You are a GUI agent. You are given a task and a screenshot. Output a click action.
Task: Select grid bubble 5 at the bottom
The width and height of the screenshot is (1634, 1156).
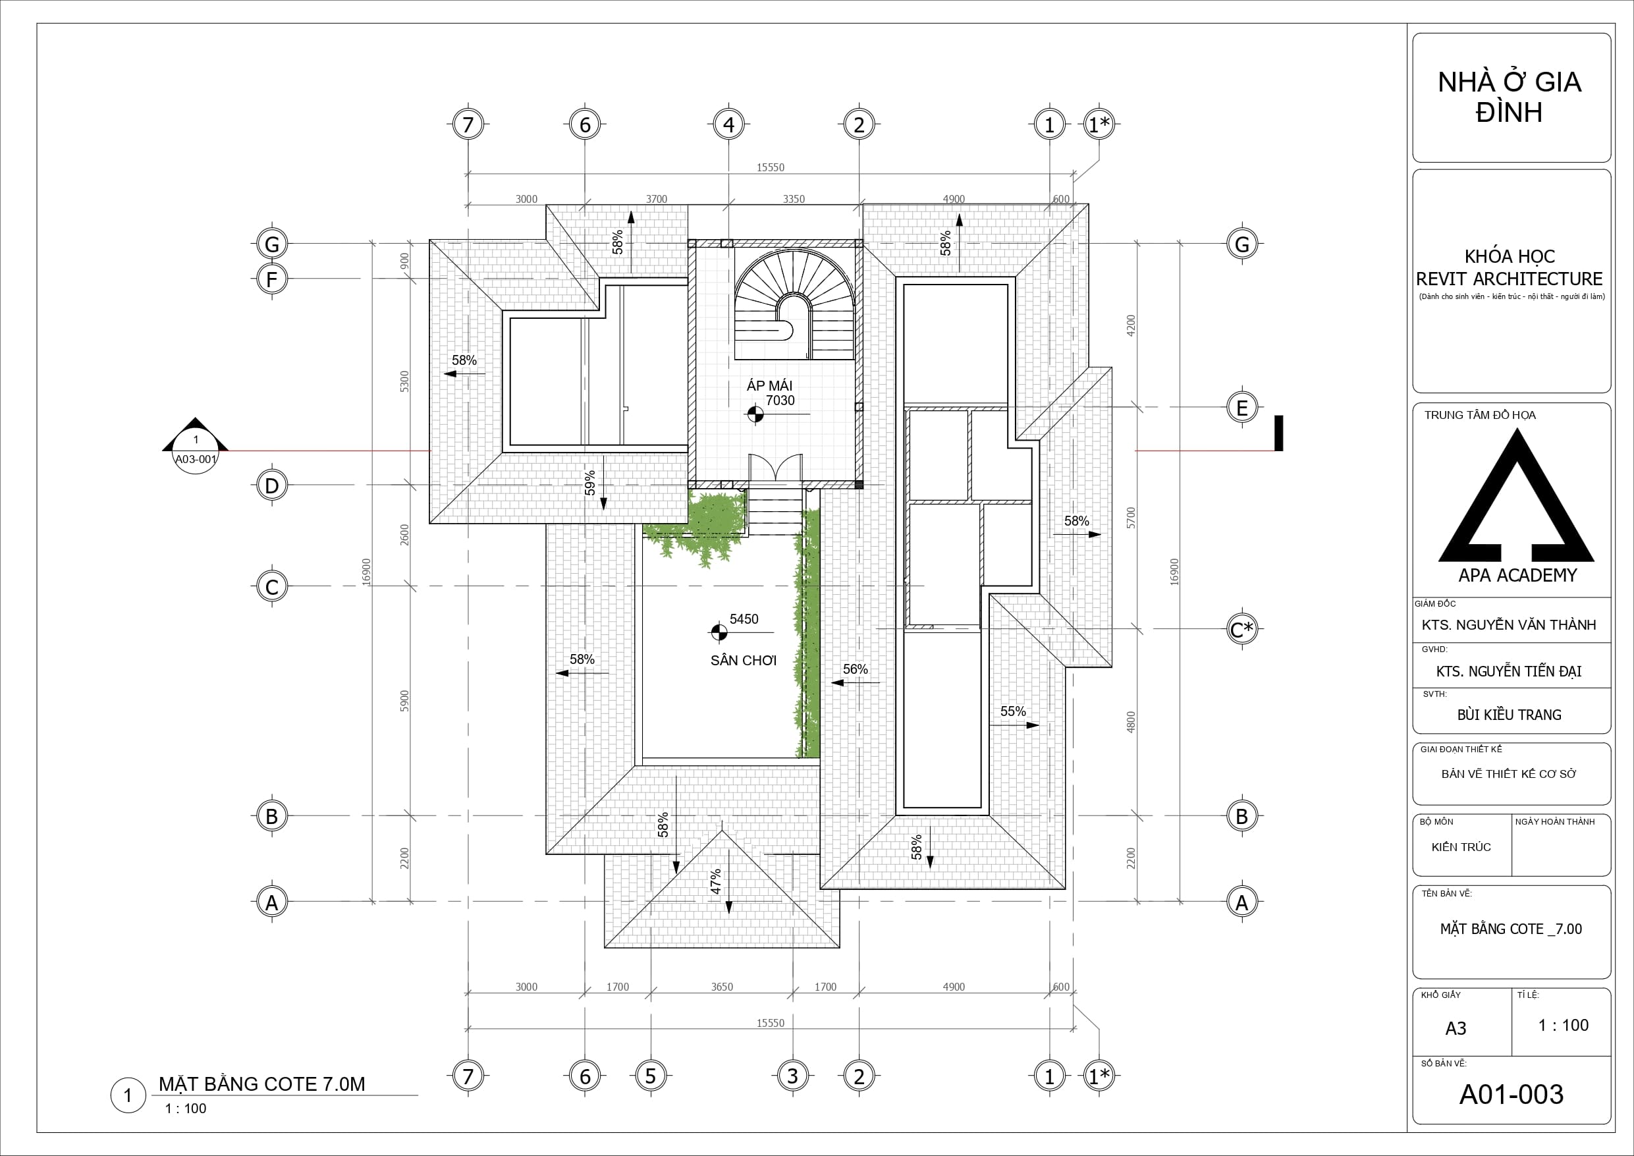point(651,1076)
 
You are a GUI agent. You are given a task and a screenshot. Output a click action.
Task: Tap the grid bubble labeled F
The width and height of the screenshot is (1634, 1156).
point(272,279)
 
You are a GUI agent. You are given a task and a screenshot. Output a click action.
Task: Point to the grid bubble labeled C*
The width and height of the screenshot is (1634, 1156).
point(1242,629)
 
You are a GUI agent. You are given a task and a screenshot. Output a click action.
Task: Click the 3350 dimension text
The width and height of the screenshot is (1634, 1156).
point(794,200)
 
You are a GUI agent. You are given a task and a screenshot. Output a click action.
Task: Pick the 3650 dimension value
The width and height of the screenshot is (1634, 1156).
point(722,987)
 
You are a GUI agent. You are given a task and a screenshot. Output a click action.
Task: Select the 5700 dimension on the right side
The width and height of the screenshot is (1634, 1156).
point(1131,518)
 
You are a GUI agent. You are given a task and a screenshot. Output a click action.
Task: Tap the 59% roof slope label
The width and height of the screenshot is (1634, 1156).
point(590,483)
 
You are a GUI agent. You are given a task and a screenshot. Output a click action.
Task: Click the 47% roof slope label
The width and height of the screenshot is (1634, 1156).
point(715,882)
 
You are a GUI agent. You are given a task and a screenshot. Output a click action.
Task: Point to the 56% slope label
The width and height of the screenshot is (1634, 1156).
point(856,669)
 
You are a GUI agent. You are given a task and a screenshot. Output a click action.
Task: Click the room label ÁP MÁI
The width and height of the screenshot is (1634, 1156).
point(769,385)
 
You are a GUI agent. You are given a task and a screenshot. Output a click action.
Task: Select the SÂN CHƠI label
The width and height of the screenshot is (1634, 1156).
point(744,661)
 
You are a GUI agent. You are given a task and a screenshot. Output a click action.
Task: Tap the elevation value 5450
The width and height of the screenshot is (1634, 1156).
point(744,619)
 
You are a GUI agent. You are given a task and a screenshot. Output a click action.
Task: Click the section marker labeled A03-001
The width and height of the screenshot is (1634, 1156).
point(196,449)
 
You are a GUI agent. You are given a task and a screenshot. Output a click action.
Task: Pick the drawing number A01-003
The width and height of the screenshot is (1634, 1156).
point(1511,1094)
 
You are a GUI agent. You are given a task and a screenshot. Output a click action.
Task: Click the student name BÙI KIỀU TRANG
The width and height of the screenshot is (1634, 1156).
point(1510,715)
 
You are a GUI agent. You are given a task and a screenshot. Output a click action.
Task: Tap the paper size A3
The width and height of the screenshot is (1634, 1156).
point(1456,1029)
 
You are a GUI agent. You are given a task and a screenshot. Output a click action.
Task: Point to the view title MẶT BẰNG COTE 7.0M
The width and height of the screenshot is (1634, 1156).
point(262,1084)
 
